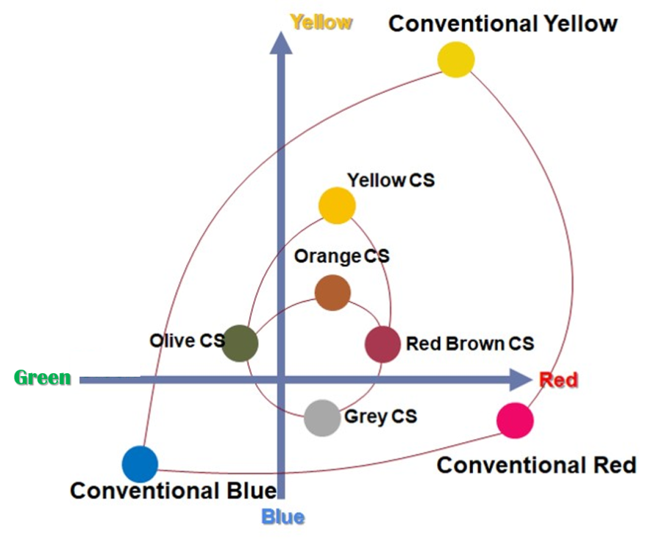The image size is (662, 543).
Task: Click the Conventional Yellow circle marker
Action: tap(455, 60)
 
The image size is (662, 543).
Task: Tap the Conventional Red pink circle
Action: tap(515, 420)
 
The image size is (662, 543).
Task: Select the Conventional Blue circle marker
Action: tap(140, 464)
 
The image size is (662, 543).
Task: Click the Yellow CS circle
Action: tap(337, 205)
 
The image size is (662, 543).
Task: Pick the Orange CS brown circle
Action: tap(332, 293)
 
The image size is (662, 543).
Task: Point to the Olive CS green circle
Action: tap(240, 343)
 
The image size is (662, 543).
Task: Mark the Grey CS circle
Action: tap(322, 418)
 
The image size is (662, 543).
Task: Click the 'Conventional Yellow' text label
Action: tap(502, 24)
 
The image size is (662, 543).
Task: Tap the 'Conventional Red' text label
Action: tap(536, 465)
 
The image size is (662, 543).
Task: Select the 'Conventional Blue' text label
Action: tap(173, 491)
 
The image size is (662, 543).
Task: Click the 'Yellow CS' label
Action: tap(391, 180)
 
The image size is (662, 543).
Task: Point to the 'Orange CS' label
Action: tap(341, 256)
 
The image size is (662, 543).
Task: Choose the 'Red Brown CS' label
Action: tap(469, 344)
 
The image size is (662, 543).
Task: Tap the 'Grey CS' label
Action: tap(380, 416)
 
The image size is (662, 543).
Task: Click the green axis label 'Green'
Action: tap(43, 378)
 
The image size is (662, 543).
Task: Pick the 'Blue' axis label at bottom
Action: tap(282, 517)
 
